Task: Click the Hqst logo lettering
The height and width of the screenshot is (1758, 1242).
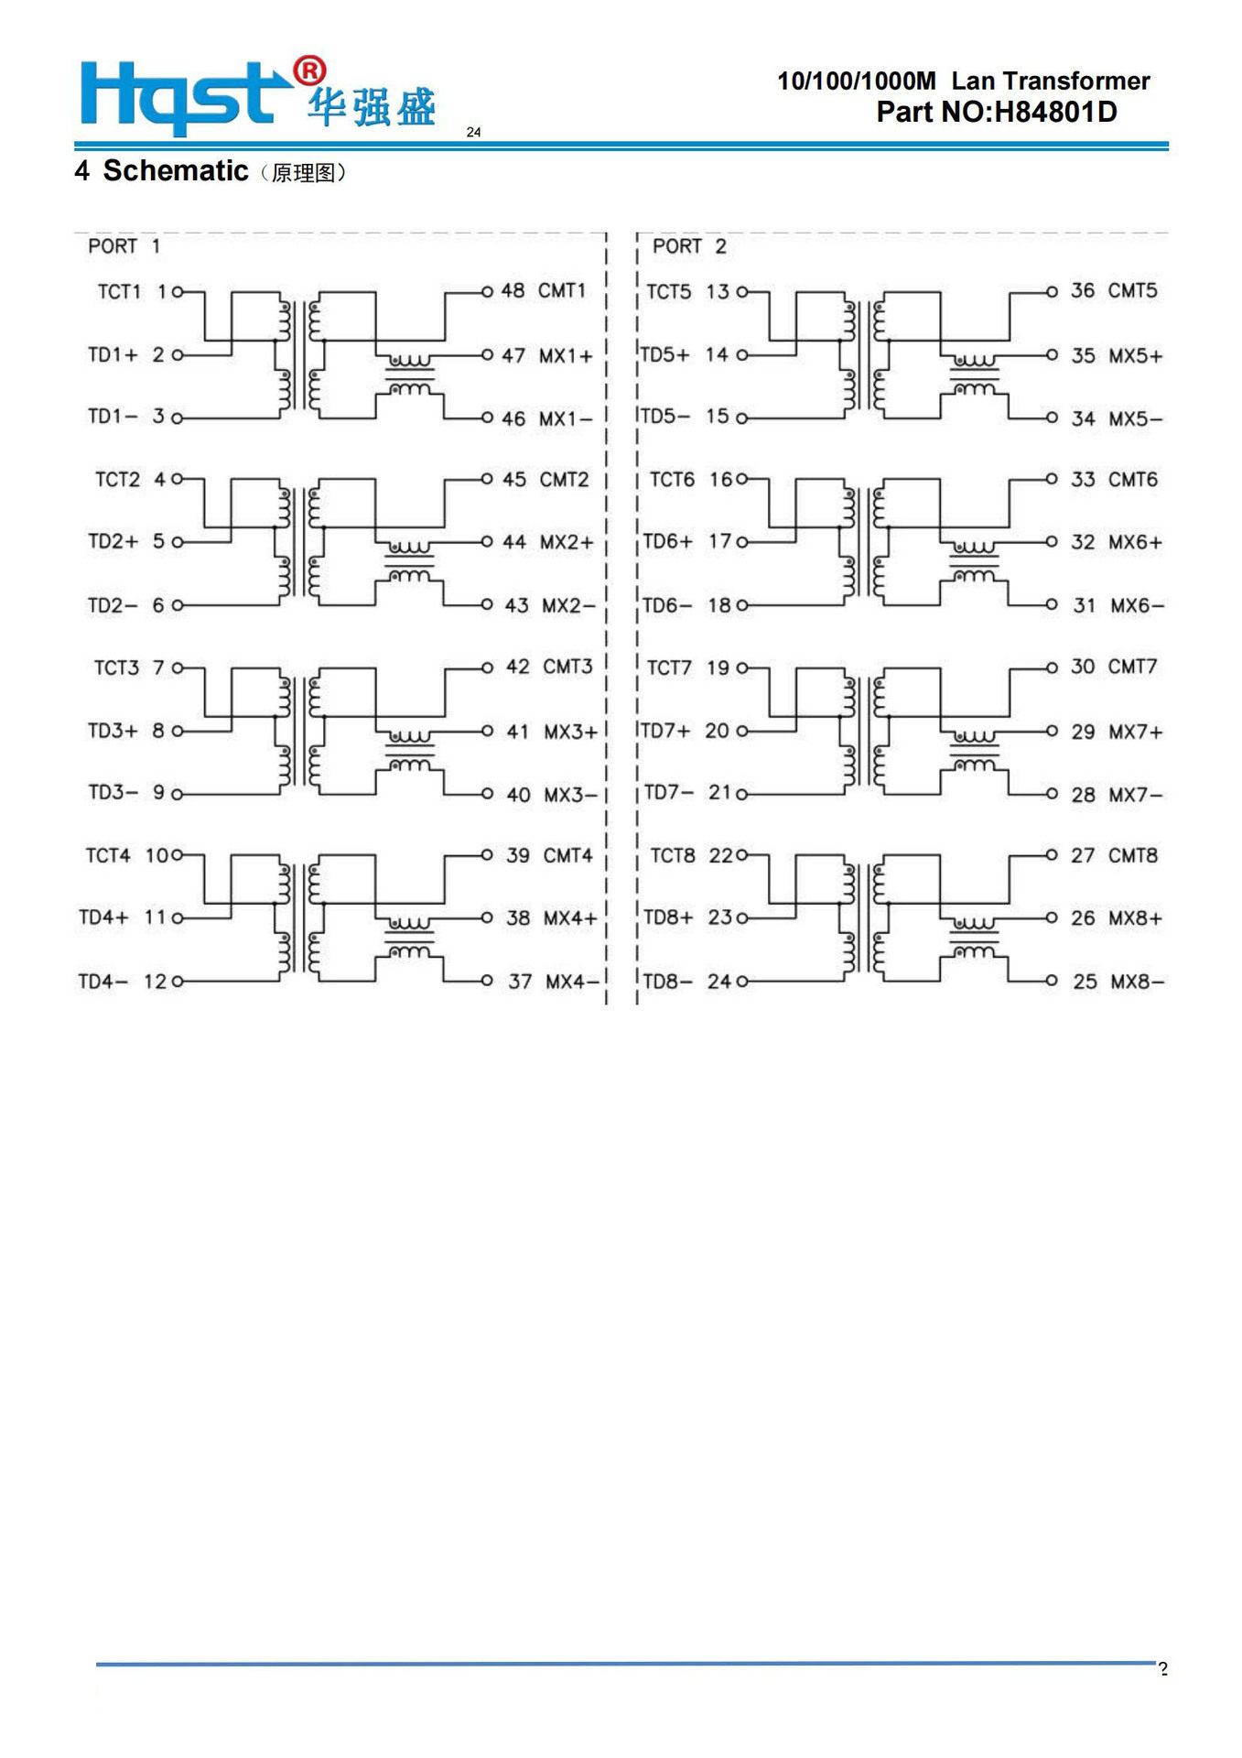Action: (178, 95)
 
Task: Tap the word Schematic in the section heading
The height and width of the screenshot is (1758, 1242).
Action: (175, 171)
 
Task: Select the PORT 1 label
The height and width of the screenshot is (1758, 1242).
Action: (124, 246)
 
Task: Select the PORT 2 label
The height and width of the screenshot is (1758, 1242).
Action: (688, 246)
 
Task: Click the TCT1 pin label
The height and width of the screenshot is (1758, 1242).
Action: (119, 292)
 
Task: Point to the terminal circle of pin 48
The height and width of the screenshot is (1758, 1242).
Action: (487, 292)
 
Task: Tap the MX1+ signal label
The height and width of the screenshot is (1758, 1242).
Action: (565, 355)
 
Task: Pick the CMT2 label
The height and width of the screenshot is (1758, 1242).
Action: (564, 480)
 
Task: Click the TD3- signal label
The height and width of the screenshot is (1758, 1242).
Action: (113, 792)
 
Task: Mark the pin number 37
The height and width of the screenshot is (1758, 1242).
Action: (520, 982)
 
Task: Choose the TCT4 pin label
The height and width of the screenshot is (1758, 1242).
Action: (108, 855)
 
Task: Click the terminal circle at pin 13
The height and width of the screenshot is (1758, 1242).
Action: (742, 292)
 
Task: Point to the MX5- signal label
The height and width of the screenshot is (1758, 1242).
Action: (1135, 419)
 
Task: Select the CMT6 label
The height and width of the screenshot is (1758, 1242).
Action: (1132, 480)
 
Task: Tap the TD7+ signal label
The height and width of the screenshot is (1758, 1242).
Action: (664, 731)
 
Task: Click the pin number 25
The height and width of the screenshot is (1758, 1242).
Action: (1085, 982)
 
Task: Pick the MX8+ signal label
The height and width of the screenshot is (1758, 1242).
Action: (1135, 918)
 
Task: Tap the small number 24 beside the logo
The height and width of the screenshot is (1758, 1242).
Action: (473, 132)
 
